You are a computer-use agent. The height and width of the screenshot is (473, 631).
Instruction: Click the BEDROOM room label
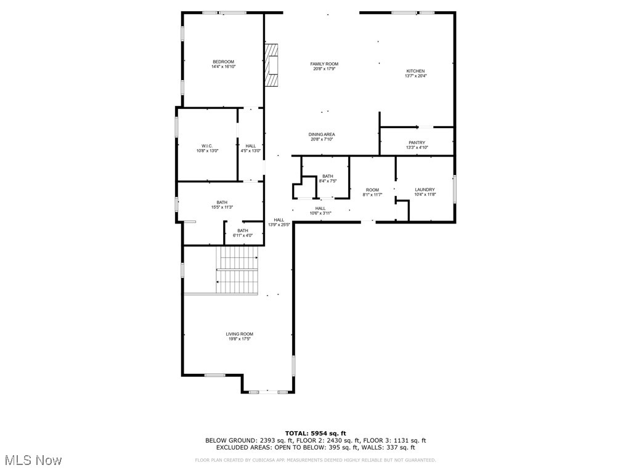(x=223, y=62)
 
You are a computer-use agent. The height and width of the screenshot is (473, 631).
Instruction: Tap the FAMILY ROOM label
(x=324, y=64)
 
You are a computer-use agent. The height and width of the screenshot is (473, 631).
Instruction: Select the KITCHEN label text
(x=415, y=71)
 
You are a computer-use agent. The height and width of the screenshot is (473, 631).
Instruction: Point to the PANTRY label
(x=417, y=143)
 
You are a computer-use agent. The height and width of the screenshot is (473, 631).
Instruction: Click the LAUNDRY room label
(x=425, y=190)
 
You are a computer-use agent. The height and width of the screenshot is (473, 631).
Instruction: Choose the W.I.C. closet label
(x=206, y=146)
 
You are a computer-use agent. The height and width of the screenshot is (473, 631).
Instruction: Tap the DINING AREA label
(x=322, y=134)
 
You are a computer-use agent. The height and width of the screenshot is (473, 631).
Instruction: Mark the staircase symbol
(x=237, y=270)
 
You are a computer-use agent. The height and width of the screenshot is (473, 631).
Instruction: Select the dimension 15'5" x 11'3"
(x=222, y=208)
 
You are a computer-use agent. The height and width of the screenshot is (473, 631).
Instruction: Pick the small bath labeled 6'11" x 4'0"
(x=243, y=233)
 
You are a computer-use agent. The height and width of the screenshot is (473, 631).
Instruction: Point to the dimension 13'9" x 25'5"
(x=279, y=225)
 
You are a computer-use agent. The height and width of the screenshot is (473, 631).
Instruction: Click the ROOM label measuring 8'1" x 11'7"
(x=372, y=192)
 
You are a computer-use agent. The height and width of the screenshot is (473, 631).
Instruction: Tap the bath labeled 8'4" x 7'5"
(x=327, y=179)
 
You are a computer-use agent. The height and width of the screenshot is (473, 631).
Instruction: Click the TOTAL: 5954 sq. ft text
(x=315, y=433)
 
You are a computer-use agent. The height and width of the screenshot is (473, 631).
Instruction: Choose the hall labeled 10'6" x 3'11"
(x=320, y=211)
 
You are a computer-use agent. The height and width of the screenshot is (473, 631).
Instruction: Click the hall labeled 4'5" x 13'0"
(x=250, y=148)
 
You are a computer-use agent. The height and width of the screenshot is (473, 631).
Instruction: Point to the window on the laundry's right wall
(x=455, y=188)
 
